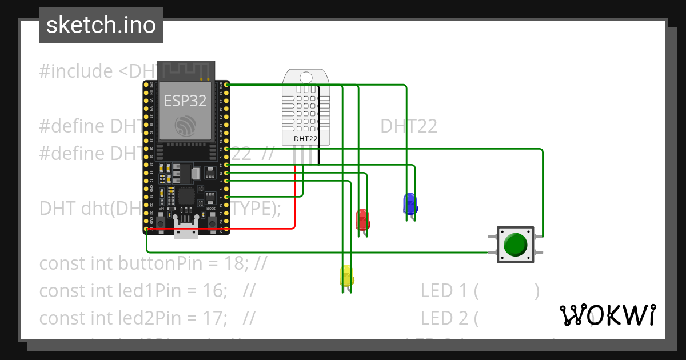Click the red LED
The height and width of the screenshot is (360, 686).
[362, 219]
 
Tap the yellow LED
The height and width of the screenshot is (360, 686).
[346, 276]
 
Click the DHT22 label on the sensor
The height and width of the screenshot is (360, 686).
[305, 138]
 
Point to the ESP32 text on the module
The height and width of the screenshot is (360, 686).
[185, 101]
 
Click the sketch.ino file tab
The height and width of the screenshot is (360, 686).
[101, 25]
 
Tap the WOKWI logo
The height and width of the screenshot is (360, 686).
[607, 315]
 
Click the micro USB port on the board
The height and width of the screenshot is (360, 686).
[186, 230]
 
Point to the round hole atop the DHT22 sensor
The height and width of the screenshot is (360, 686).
[306, 77]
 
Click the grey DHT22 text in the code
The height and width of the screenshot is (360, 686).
[409, 126]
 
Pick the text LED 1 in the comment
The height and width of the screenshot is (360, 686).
[444, 291]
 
